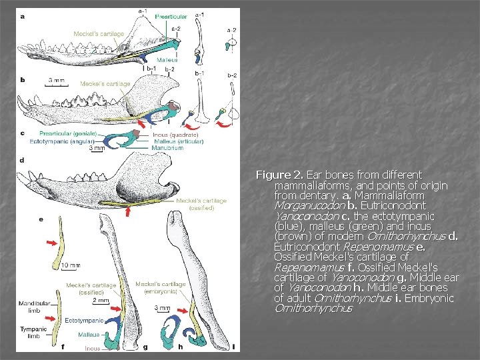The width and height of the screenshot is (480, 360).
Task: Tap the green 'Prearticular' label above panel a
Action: [171, 16]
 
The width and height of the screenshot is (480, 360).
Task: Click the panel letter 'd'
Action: [23, 161]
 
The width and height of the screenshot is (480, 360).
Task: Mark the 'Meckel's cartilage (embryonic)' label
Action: [161, 288]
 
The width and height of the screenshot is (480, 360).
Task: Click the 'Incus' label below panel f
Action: [93, 348]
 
